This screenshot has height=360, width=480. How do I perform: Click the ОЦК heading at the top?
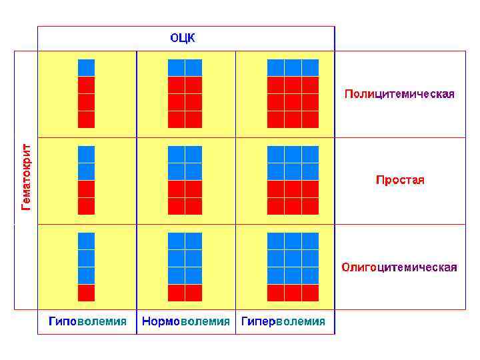pos(183,38)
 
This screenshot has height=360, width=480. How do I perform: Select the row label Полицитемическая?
pos(399,94)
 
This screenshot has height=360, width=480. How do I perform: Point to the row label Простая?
pos(400,180)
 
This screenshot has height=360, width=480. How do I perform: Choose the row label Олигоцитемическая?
pos(399,267)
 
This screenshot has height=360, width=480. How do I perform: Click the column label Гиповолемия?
pos(87,321)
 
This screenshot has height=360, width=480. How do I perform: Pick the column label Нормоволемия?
pos(186,321)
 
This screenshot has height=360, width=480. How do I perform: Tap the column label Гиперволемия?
pos(283,321)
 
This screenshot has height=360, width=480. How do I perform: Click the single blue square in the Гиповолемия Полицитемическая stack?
pos(87,67)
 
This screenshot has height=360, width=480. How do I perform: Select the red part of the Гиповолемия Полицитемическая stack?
pos(87,102)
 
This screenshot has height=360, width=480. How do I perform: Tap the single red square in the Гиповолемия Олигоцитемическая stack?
pos(87,293)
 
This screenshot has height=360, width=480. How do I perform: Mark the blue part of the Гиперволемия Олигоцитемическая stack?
pos(293,259)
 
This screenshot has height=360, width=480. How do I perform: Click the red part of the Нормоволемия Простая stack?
pos(185,197)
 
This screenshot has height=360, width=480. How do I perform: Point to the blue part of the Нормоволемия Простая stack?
pos(185,163)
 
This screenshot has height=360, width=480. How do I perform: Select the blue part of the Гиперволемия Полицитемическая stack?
pos(293,67)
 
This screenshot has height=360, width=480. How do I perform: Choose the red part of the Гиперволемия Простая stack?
pos(293,197)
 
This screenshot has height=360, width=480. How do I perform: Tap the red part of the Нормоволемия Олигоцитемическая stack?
pos(185,293)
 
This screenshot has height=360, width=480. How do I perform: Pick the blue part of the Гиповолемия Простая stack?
pos(87,163)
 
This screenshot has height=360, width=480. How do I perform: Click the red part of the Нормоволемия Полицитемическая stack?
pos(185,102)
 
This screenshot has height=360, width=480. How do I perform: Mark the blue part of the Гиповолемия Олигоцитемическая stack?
pos(87,259)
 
